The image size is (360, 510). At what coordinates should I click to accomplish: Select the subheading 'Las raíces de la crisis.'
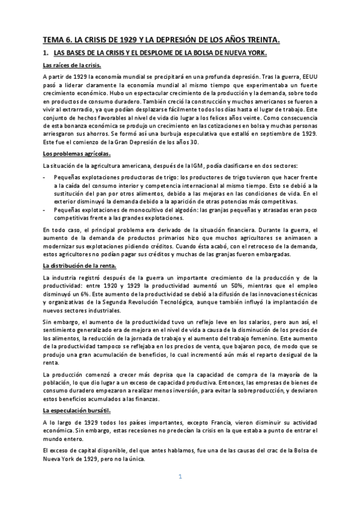coord(72,66)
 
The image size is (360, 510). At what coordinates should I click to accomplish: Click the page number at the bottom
coord(180,477)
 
